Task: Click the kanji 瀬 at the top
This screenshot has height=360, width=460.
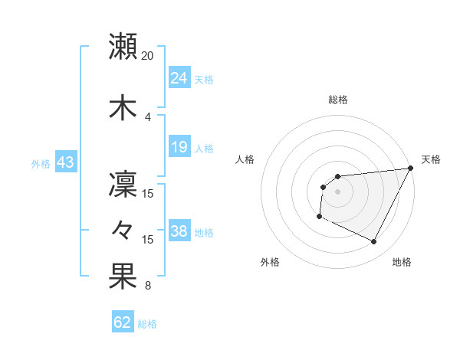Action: click(x=123, y=47)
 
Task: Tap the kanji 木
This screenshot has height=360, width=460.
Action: click(x=123, y=108)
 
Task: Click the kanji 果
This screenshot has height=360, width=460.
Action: click(x=123, y=277)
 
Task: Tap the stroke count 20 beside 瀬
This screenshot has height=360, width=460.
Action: click(x=148, y=56)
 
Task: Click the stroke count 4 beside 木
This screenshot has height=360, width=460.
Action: click(x=148, y=116)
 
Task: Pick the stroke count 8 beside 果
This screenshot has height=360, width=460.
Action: click(x=148, y=286)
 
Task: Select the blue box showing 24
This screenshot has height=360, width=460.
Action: click(x=179, y=78)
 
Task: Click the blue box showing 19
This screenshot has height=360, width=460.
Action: click(x=179, y=147)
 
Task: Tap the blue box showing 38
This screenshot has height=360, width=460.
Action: click(x=179, y=231)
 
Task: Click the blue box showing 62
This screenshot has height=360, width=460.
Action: click(x=123, y=322)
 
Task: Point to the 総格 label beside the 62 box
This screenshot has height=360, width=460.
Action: click(x=147, y=324)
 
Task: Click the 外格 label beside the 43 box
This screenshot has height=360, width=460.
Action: click(x=40, y=163)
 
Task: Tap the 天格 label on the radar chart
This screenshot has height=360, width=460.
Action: click(x=431, y=159)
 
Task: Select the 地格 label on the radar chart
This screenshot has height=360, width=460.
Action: click(x=402, y=262)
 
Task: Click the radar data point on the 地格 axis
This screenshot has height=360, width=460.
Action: click(x=374, y=242)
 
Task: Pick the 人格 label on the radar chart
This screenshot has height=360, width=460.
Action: click(x=245, y=159)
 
